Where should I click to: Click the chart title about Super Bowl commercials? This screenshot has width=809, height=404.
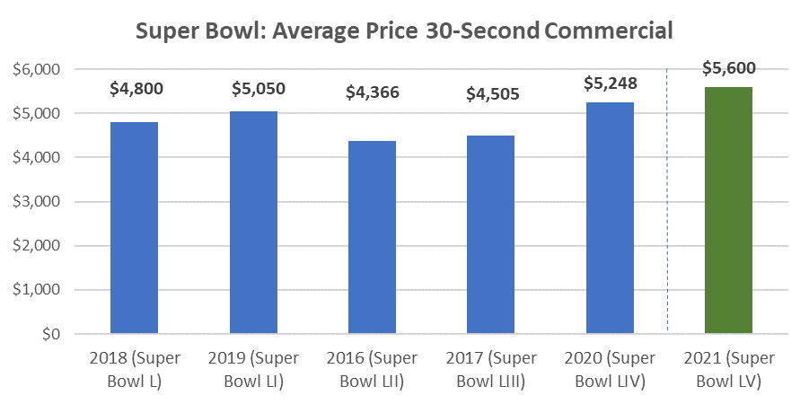coord(404,31)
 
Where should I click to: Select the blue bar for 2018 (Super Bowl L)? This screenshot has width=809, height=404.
coord(134,228)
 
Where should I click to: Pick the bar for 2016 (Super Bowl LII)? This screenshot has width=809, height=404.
coord(372,238)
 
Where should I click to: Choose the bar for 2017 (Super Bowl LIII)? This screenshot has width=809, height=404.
coord(490,234)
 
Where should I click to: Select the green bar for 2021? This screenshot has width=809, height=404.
coord(728,210)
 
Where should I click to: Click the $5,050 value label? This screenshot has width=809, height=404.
coord(253,89)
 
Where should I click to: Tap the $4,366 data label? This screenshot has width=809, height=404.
coord(373,92)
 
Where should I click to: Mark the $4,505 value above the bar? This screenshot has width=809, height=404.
coord(491,92)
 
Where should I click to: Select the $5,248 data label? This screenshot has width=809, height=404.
coord(610,83)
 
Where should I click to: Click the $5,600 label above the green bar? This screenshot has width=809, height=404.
coord(729,66)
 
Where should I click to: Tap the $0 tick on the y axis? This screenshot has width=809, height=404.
coord(50,334)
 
